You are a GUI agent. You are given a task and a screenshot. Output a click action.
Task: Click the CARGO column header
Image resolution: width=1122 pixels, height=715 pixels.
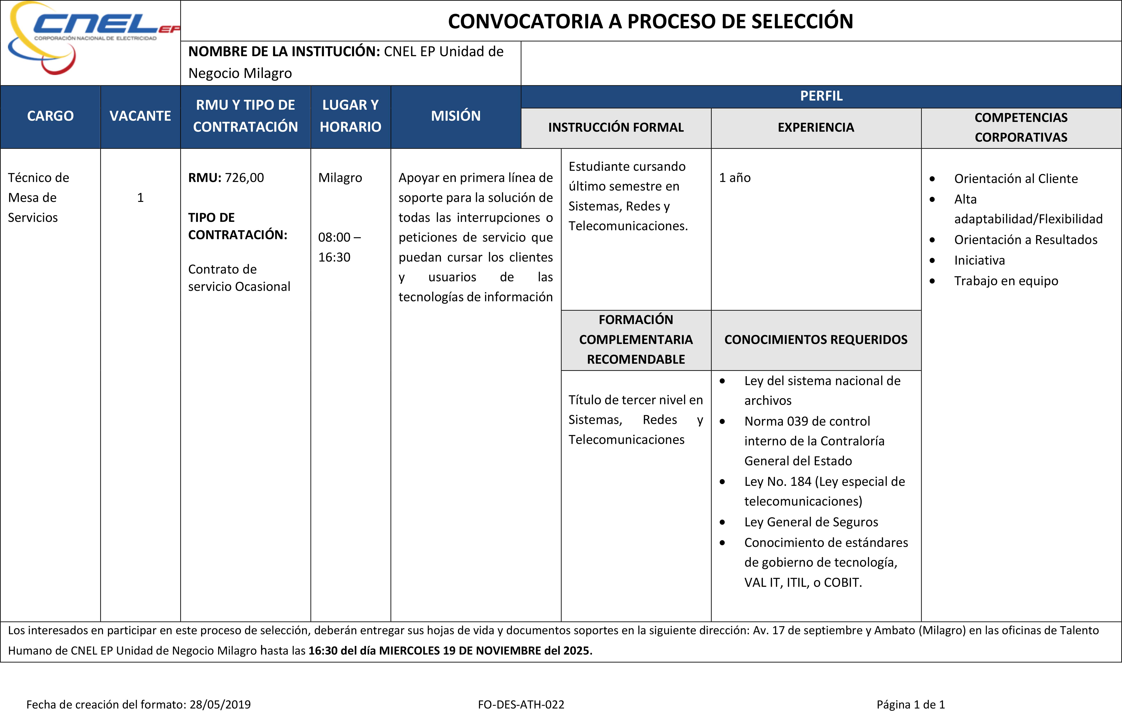pyautogui.click(x=50, y=116)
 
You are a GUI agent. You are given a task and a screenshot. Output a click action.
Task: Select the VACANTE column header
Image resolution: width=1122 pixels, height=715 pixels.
pyautogui.click(x=140, y=116)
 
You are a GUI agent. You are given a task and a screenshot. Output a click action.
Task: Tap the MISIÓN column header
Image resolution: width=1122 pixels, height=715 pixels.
pyautogui.click(x=456, y=116)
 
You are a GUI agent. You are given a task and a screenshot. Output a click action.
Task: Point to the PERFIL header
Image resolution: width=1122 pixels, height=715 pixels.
pyautogui.click(x=821, y=96)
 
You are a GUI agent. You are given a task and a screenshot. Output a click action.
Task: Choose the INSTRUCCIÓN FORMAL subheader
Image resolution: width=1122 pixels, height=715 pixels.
pyautogui.click(x=615, y=128)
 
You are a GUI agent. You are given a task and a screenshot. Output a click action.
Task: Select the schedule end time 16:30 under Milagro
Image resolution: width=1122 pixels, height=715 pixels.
pyautogui.click(x=334, y=257)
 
